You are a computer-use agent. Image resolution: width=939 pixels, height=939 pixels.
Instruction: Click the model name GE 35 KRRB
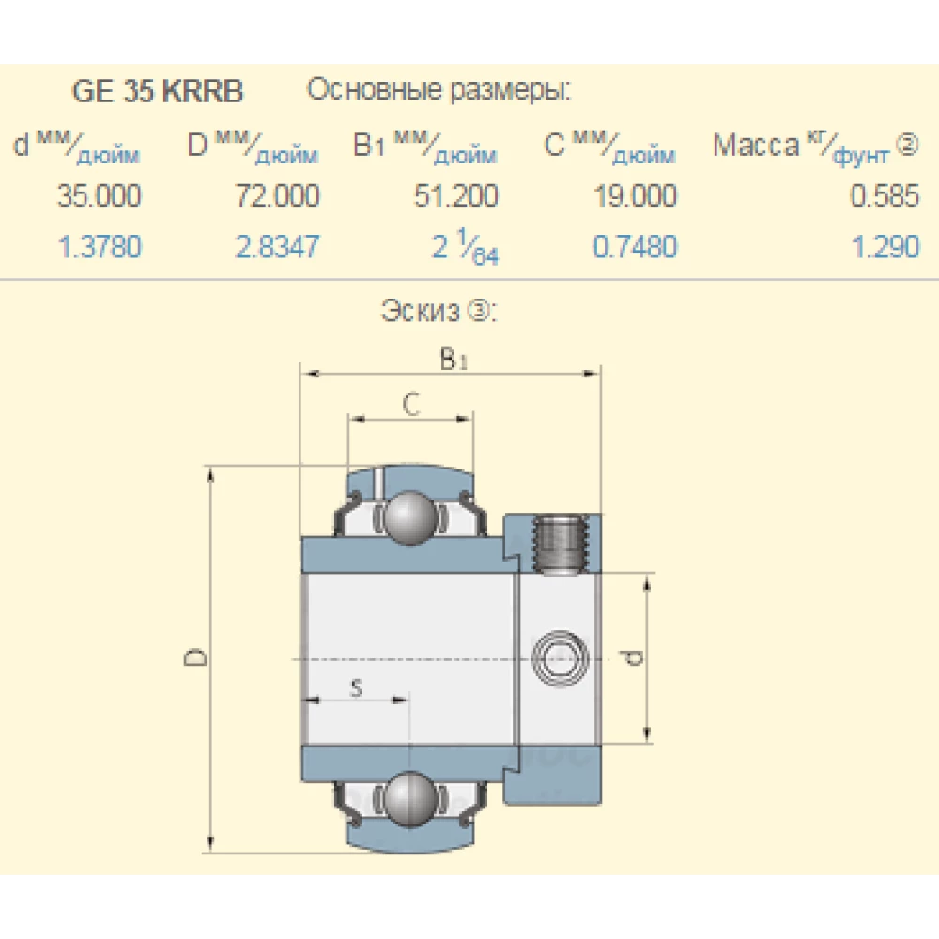click(x=158, y=92)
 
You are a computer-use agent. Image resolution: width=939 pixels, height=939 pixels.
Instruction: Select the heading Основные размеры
click(x=439, y=91)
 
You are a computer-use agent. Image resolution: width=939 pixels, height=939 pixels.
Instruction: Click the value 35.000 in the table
click(x=100, y=196)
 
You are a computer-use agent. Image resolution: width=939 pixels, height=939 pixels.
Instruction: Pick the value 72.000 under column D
click(x=277, y=196)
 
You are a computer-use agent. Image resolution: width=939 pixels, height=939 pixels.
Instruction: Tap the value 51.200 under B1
click(x=456, y=196)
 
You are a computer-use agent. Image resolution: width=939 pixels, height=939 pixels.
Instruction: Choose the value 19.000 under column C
click(x=635, y=196)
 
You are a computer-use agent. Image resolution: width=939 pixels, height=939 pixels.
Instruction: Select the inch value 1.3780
click(x=100, y=247)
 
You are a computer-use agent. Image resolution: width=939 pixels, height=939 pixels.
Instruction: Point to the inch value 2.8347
click(x=277, y=247)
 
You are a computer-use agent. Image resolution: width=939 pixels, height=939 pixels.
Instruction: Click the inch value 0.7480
click(x=635, y=247)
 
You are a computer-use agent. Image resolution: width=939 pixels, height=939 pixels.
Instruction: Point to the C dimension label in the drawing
click(x=410, y=404)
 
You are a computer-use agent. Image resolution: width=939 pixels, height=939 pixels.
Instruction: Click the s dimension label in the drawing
click(x=356, y=688)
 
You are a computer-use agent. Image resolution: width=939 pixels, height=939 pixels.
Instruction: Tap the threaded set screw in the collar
click(x=562, y=545)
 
